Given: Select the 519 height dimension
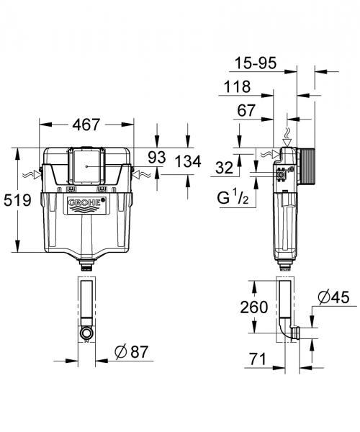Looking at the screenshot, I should [x=17, y=200].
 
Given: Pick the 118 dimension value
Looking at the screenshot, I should [x=236, y=88].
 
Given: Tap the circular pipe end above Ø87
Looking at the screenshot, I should [x=86, y=333].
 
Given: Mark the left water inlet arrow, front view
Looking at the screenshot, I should [x=30, y=174].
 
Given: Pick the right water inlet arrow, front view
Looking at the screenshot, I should [x=141, y=174].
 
